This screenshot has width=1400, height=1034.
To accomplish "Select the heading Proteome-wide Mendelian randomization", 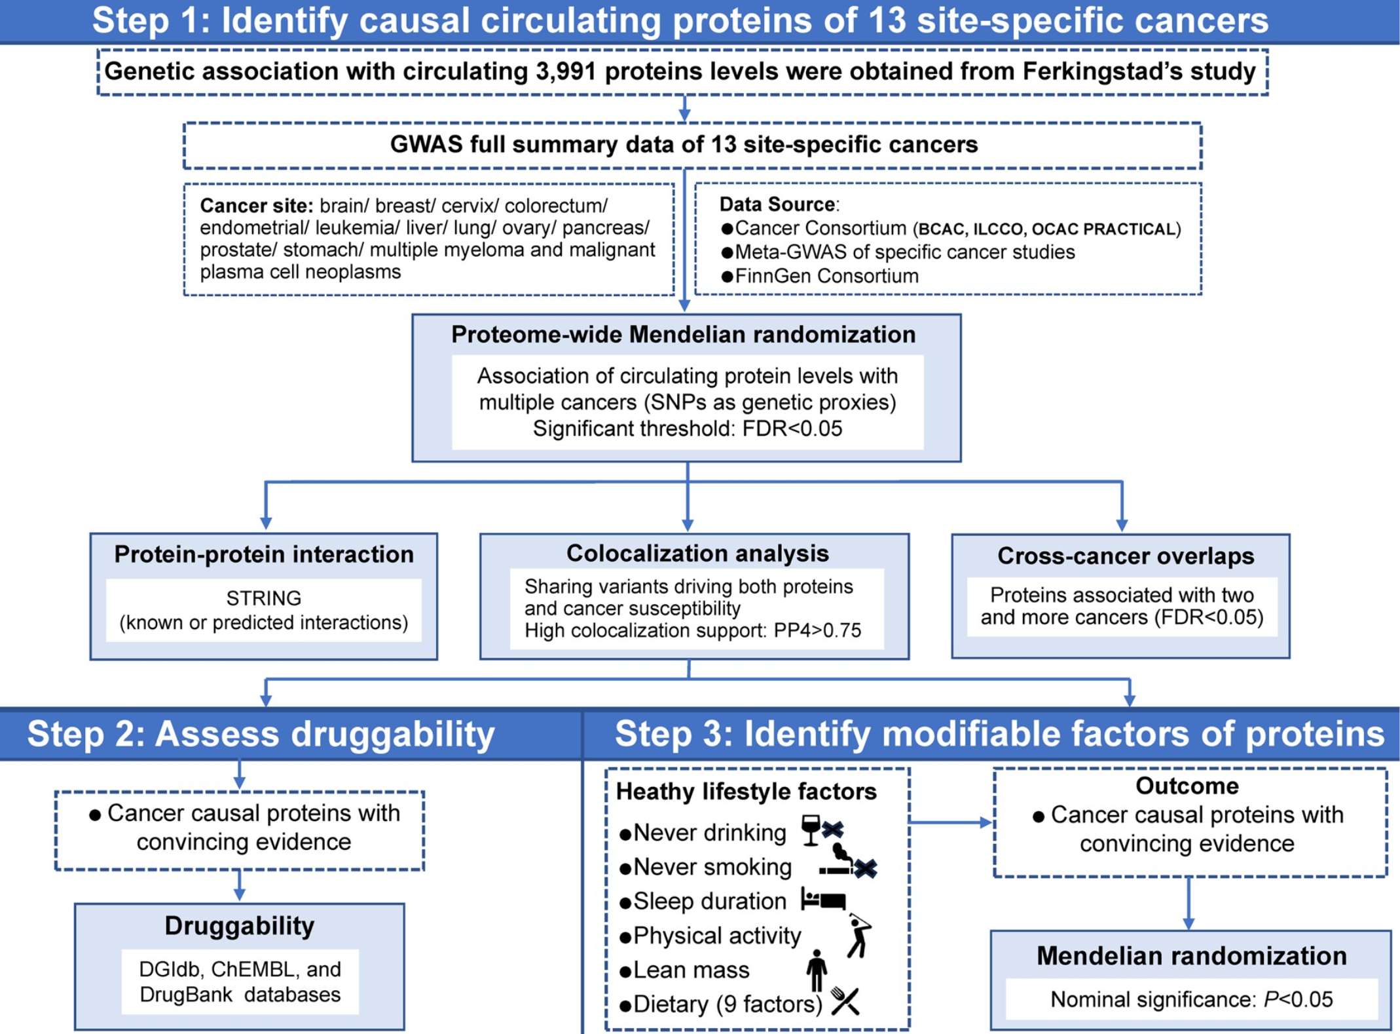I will click(x=683, y=335).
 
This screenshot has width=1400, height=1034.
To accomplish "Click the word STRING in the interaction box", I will click(x=263, y=598).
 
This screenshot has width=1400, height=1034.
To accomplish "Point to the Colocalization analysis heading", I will click(x=697, y=554).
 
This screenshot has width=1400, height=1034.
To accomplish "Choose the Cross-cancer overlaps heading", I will click(x=1125, y=556).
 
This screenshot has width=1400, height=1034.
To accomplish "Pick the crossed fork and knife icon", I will click(x=845, y=1001).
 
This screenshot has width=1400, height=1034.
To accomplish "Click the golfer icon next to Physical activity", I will click(x=858, y=936).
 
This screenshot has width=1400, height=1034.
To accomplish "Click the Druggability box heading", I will click(x=239, y=926).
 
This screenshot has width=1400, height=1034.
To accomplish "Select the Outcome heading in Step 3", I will click(x=1187, y=786).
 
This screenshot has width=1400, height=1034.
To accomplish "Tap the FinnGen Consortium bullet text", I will click(x=826, y=276).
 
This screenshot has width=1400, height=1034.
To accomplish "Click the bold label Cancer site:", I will click(x=257, y=206).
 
